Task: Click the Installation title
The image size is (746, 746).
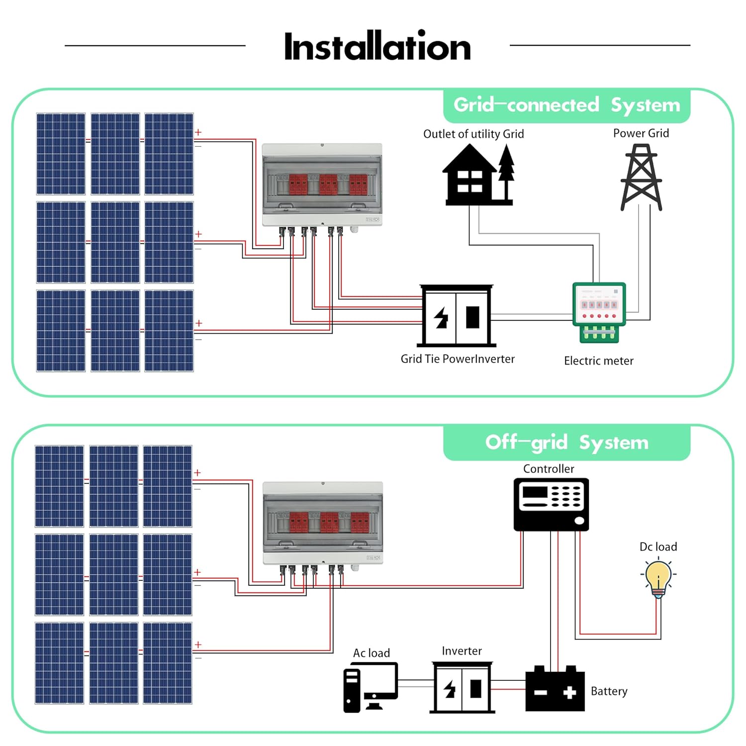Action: [377, 46]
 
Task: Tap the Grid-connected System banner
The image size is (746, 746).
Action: [566, 105]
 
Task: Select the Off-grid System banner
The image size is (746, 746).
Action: [566, 442]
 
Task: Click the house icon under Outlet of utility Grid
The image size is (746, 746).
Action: [470, 176]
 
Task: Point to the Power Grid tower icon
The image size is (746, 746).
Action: [641, 177]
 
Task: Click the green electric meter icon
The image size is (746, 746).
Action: [599, 312]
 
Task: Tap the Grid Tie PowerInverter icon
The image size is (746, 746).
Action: [456, 316]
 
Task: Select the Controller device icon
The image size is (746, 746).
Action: [551, 504]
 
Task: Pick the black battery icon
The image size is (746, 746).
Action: [555, 689]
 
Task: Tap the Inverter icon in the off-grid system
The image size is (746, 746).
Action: [462, 688]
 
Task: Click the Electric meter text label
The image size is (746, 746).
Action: [598, 361]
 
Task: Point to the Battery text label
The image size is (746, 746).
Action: [609, 691]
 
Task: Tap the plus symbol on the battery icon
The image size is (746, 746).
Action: [569, 692]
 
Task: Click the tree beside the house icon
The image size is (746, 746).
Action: [506, 169]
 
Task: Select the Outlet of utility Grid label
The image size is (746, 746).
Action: [473, 134]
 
